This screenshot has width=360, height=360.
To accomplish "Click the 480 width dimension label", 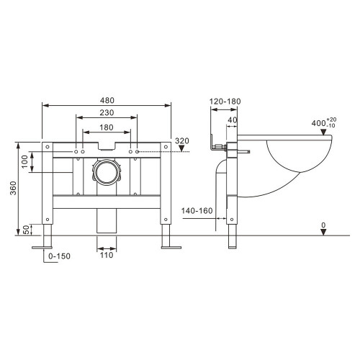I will tap(107, 98).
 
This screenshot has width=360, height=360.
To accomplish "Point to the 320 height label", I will tap(181, 141).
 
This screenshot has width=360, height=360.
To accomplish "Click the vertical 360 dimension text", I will tap(9, 189).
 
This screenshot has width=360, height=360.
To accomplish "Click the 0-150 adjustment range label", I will tap(60, 256).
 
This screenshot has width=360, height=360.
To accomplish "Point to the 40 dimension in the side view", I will tap(233, 121).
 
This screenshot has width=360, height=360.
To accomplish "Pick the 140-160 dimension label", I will tap(197, 212).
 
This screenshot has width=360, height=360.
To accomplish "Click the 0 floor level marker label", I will tap(323, 226).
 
